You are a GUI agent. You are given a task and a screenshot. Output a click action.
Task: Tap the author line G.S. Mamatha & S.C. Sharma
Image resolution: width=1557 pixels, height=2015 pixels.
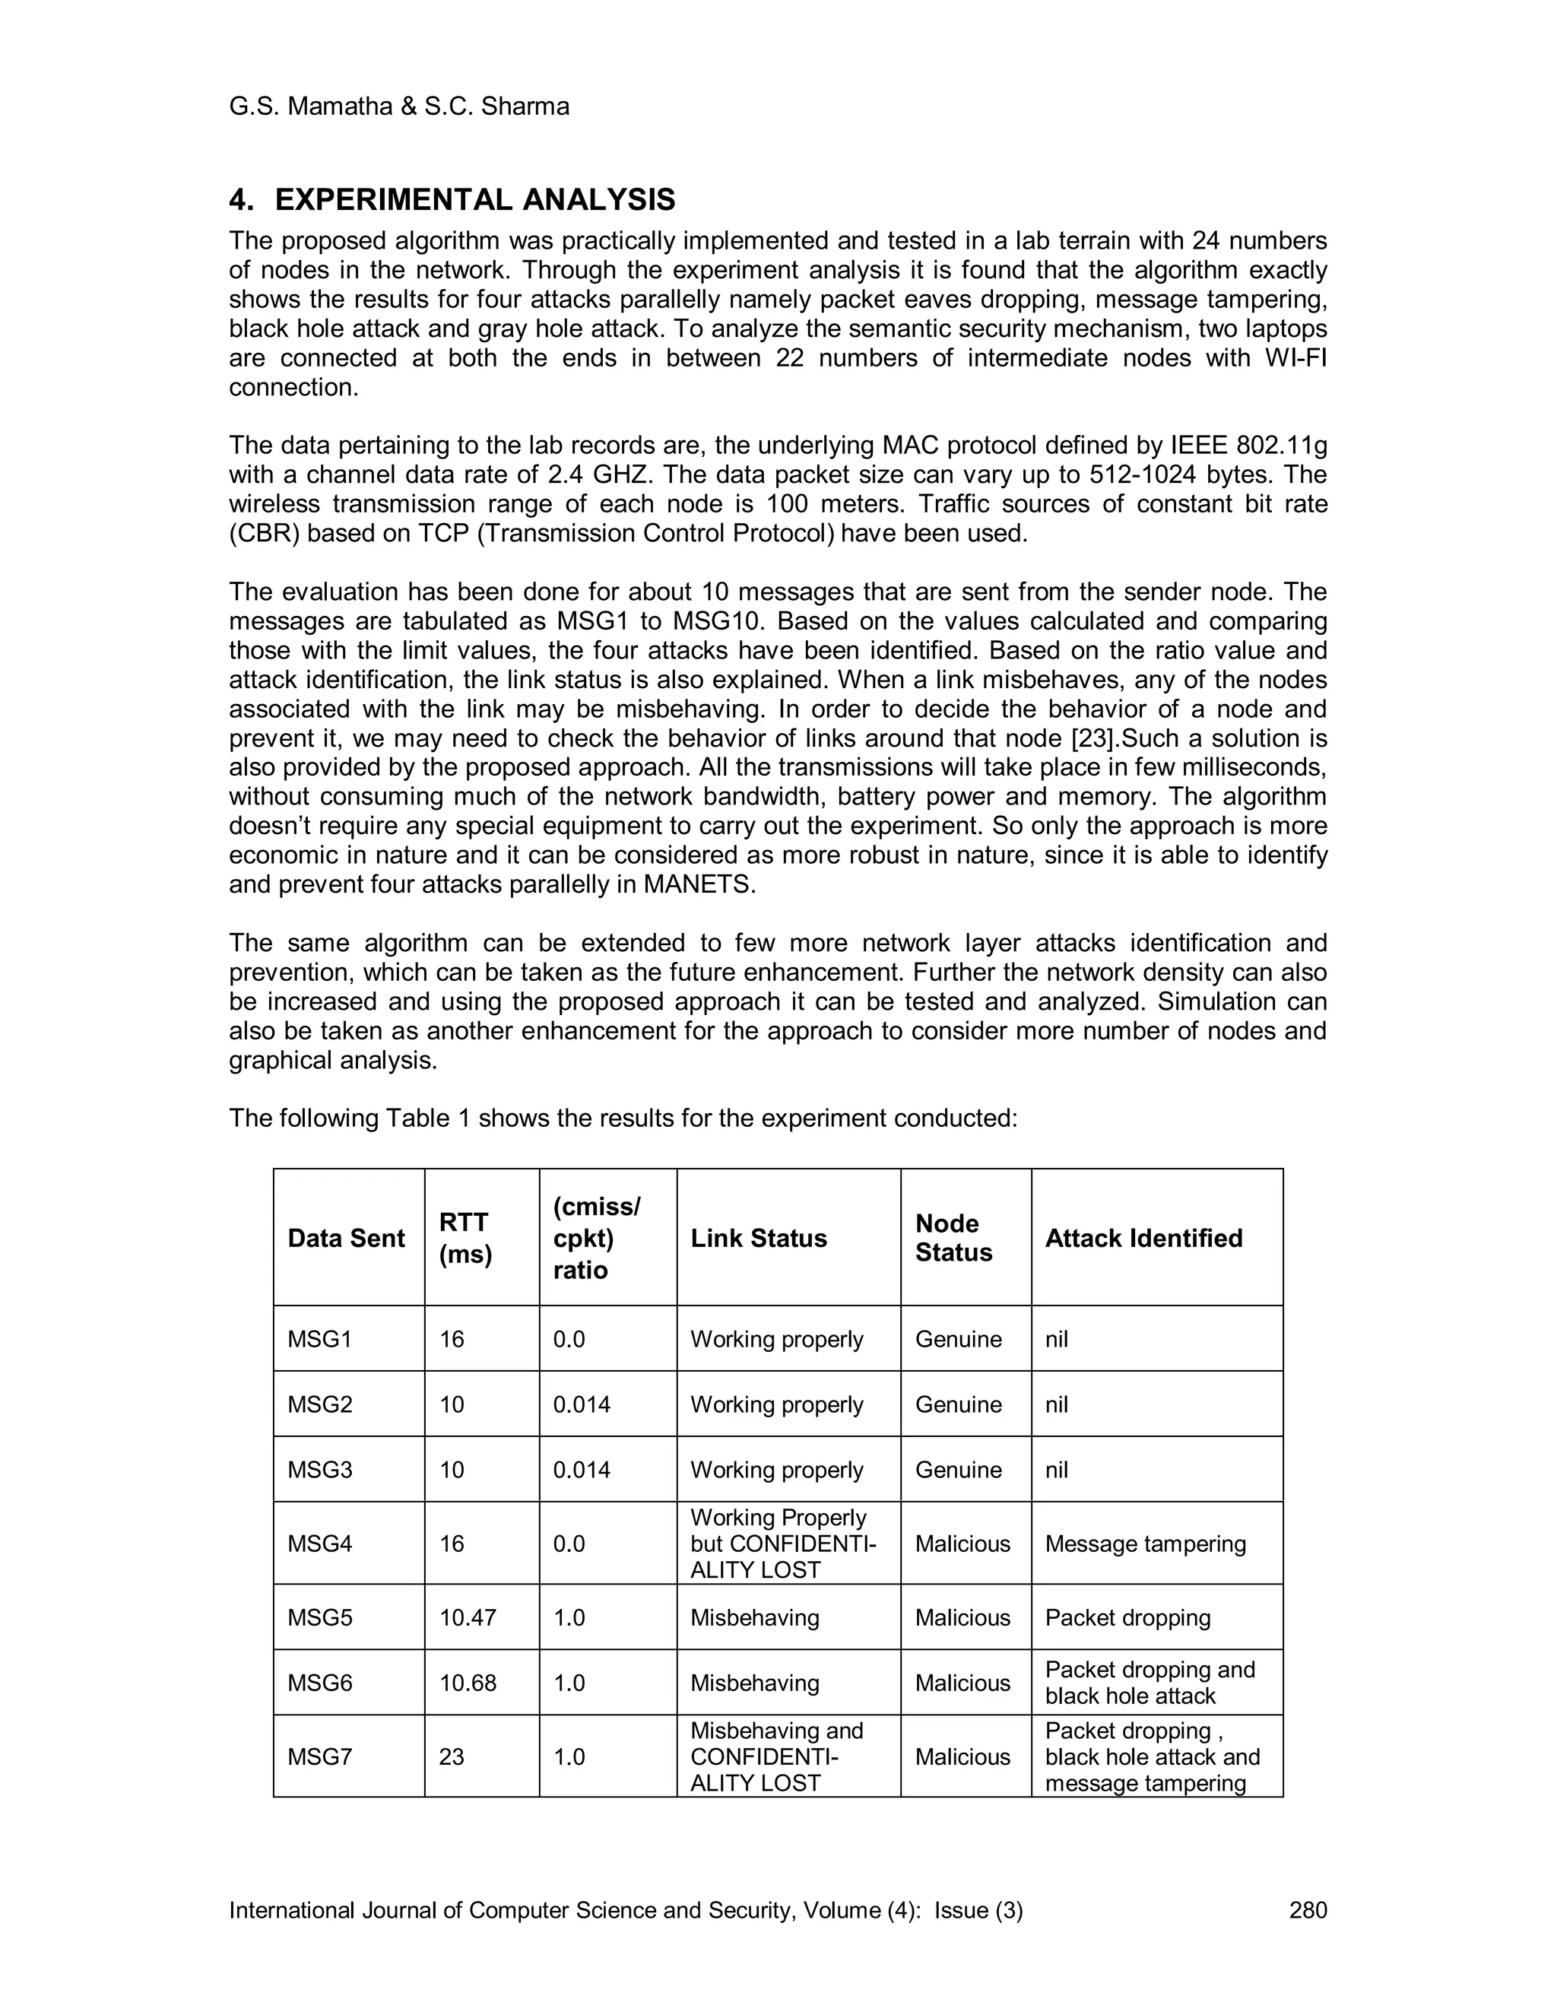398,107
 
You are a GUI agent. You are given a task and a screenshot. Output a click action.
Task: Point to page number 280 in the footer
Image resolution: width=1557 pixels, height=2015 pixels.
1307,1910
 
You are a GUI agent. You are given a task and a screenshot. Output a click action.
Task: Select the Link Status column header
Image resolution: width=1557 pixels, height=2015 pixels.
758,1238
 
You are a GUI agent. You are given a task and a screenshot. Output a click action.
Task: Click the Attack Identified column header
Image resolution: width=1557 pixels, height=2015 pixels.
1143,1238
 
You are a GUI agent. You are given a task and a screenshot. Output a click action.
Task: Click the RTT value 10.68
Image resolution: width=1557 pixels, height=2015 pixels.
468,1683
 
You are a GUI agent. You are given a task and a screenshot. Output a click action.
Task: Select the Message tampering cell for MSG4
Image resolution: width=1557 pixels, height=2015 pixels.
1145,1544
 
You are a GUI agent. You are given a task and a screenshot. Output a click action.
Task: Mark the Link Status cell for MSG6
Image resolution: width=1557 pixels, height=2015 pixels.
754,1683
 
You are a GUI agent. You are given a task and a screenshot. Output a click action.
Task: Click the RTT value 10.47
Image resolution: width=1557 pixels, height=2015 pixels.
468,1617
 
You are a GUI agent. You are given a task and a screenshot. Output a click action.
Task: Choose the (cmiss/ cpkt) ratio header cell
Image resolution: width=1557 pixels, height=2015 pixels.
596,1238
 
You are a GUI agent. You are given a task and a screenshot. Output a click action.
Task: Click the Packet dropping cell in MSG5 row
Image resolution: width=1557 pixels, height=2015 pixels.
1127,1617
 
